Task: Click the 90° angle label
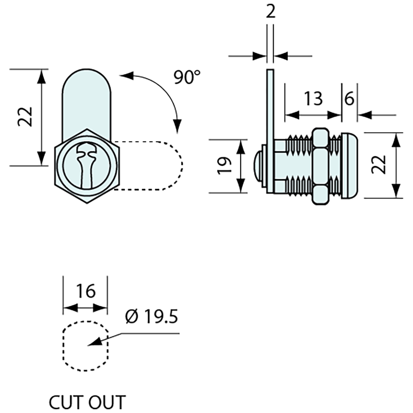pyautogui.click(x=187, y=77)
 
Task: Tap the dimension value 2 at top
pyautogui.click(x=270, y=12)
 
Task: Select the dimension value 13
pyautogui.click(x=313, y=99)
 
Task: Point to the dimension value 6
pyautogui.click(x=349, y=99)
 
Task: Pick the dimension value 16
pyautogui.click(x=86, y=291)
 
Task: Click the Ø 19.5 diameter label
pyautogui.click(x=152, y=318)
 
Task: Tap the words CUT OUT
pyautogui.click(x=87, y=402)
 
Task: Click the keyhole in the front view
pyautogui.click(x=86, y=165)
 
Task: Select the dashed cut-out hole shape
pyautogui.click(x=86, y=346)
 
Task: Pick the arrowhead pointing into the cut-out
pyautogui.click(x=93, y=342)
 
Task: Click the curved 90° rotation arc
pyautogui.click(x=165, y=94)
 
